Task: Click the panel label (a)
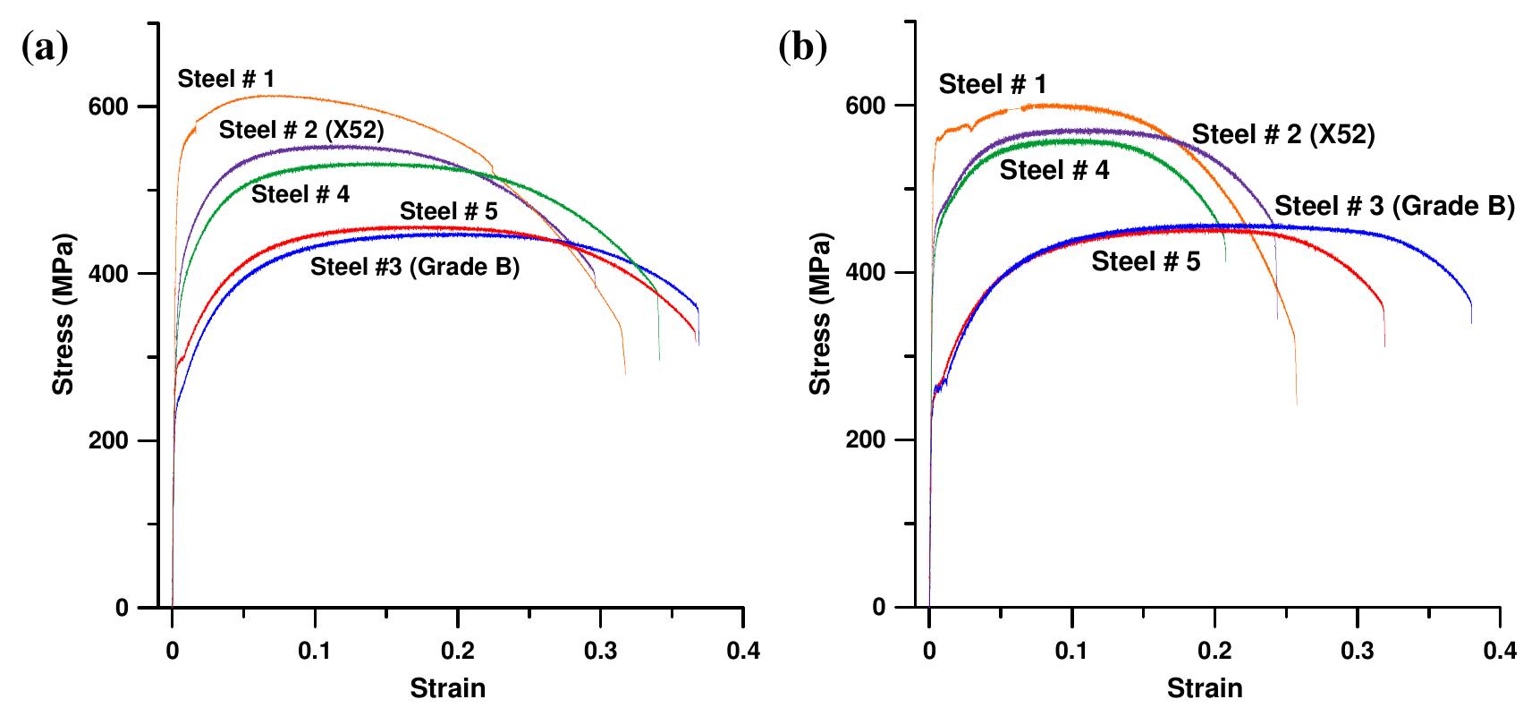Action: [44, 47]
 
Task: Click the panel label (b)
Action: [802, 47]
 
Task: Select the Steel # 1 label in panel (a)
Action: [225, 79]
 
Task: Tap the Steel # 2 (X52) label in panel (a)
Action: [301, 130]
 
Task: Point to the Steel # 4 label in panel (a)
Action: [300, 194]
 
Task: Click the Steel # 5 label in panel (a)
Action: [448, 211]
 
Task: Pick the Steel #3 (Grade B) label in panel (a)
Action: [414, 267]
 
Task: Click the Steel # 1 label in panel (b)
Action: [991, 85]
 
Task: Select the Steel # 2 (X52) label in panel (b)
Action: [1283, 134]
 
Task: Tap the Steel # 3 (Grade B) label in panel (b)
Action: [1393, 206]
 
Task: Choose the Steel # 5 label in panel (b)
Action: [1146, 261]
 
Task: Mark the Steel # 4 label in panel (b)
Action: [1053, 170]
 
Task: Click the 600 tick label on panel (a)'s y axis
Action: [110, 107]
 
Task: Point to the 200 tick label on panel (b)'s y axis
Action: [867, 440]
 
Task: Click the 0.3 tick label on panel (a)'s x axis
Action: [600, 651]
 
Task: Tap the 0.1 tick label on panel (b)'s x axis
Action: [1071, 651]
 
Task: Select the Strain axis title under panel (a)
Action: [448, 688]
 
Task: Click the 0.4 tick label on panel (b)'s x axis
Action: [1500, 651]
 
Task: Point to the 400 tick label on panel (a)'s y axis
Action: [110, 274]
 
